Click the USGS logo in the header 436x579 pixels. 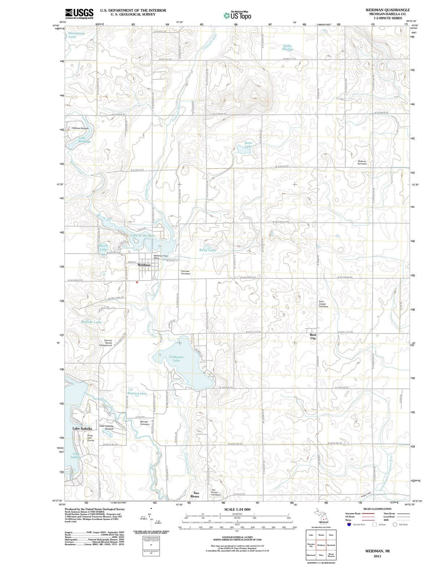(79, 13)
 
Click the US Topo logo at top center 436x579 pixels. (237, 15)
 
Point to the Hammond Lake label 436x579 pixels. (76, 35)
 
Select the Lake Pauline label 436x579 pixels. (287, 48)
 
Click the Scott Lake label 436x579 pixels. (248, 145)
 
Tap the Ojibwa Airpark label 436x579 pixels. (80, 128)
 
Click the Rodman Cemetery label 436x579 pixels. (362, 162)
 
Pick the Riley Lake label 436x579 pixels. (208, 250)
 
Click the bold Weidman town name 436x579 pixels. (144, 265)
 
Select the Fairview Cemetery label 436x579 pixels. (185, 273)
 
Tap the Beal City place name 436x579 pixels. (313, 336)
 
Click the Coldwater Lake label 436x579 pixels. (176, 359)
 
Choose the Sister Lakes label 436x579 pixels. (137, 393)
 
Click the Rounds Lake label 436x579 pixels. (91, 322)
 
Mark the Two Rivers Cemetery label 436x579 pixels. (216, 493)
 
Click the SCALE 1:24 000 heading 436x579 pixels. (237, 510)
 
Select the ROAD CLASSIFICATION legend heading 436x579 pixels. (377, 509)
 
